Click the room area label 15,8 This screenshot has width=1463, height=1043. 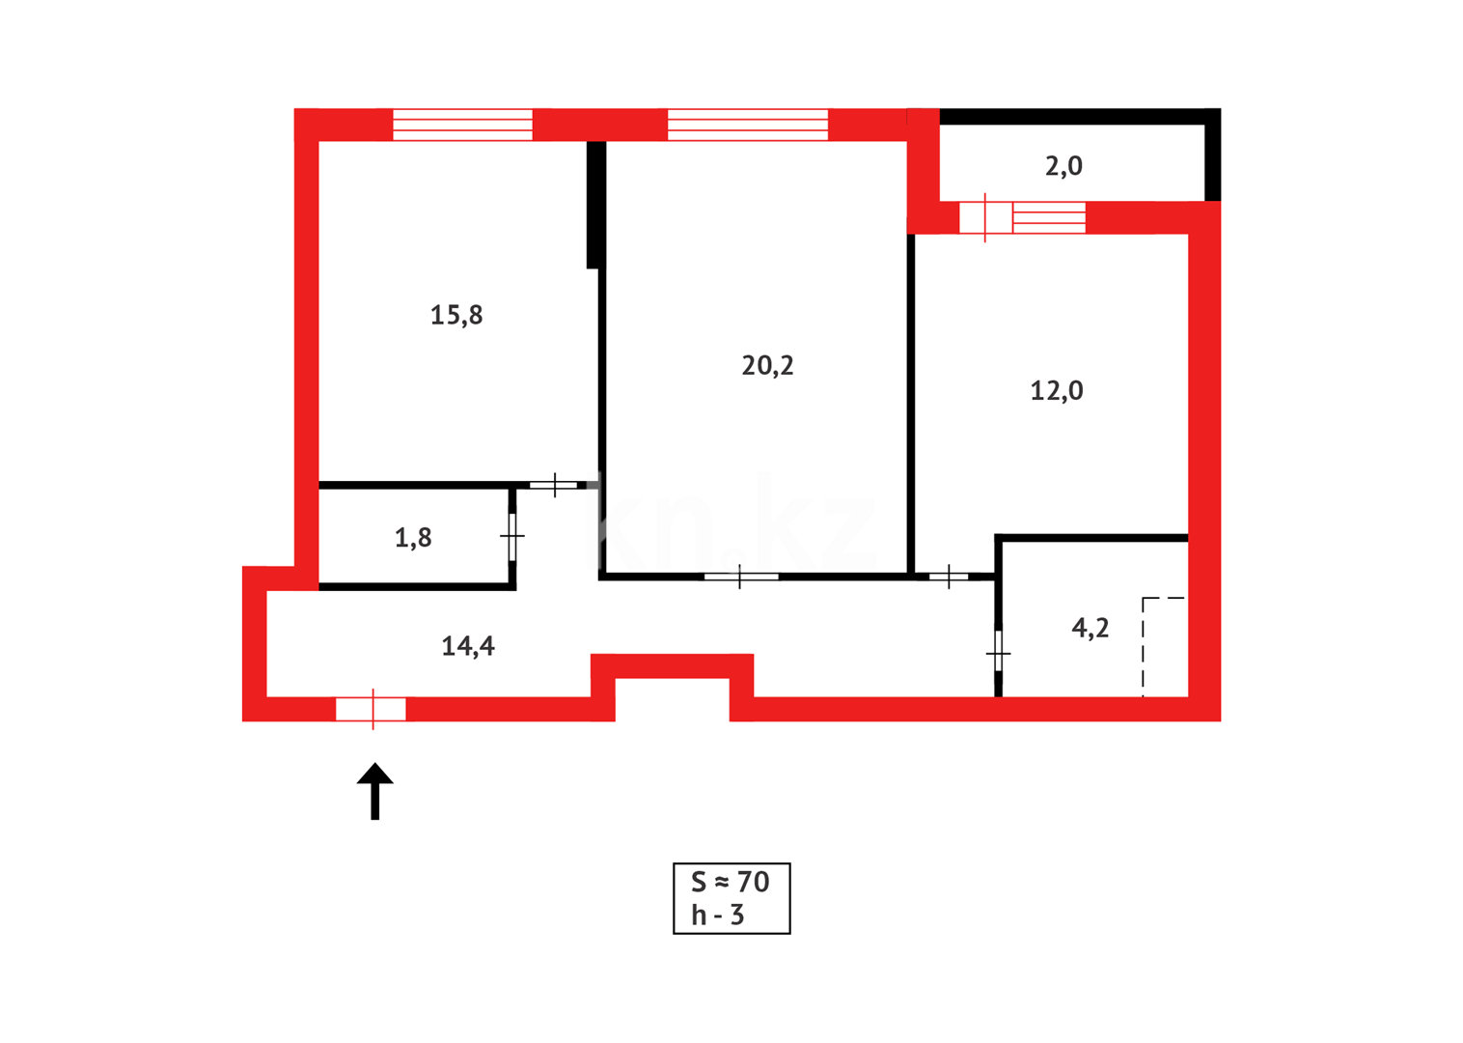[x=456, y=315]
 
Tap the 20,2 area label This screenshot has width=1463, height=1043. [x=767, y=365]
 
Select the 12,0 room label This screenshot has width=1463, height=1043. [x=1057, y=390]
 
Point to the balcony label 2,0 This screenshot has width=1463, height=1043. [x=1063, y=166]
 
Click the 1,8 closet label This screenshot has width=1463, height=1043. [x=413, y=537]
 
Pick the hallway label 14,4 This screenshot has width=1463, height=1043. [x=468, y=646]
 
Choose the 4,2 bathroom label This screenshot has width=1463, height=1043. [x=1090, y=629]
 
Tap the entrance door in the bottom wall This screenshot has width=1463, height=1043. [x=372, y=709]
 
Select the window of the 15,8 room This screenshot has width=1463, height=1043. [x=462, y=125]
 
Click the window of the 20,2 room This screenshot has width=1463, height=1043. [x=748, y=125]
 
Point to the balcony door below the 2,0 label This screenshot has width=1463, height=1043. [x=985, y=217]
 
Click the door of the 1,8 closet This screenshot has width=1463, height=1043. [x=512, y=535]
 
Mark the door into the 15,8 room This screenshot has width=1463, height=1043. [x=554, y=484]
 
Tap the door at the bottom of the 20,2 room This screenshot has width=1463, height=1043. [x=740, y=577]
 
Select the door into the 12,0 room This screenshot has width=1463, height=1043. [x=949, y=577]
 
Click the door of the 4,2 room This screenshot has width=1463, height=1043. [x=998, y=654]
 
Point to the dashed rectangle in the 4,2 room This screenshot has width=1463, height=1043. [x=1164, y=646]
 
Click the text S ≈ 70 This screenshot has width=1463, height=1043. [x=731, y=882]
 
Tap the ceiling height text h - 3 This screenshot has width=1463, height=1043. [x=718, y=915]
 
